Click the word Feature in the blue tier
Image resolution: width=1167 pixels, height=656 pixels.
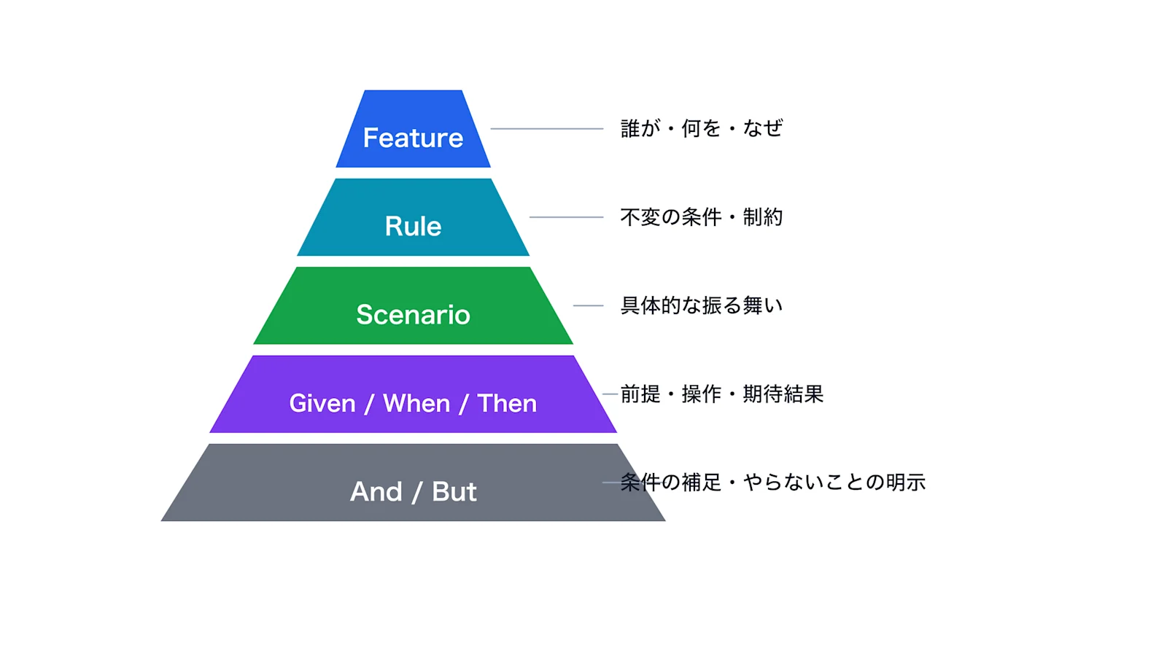coord(413,138)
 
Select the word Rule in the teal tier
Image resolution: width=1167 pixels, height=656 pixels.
coord(413,227)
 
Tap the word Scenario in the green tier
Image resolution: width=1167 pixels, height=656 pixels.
coord(413,315)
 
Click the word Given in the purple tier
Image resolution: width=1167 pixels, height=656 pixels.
coord(322,404)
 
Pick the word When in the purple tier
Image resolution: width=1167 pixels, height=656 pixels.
coord(416,404)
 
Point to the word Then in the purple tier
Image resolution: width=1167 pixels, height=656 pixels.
coord(507,404)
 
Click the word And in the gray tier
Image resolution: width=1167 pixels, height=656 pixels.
coord(376,492)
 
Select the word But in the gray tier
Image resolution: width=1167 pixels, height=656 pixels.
coord(454,492)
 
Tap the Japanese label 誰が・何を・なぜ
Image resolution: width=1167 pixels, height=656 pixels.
coord(701,128)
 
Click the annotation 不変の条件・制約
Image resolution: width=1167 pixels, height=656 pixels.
coord(701,217)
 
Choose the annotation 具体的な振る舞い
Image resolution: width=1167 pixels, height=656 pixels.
coord(701,305)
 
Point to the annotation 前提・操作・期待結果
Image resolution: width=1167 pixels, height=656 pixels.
coord(722,394)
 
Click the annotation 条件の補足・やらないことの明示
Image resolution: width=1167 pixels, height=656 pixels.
coord(773,483)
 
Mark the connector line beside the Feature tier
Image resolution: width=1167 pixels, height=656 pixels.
coord(547,128)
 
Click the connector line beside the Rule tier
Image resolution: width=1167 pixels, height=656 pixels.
coord(566,217)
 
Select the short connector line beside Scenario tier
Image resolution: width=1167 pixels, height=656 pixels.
coord(588,305)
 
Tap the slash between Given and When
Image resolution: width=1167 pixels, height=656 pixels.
coord(369,405)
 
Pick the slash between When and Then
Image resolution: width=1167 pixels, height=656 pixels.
coord(463,405)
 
